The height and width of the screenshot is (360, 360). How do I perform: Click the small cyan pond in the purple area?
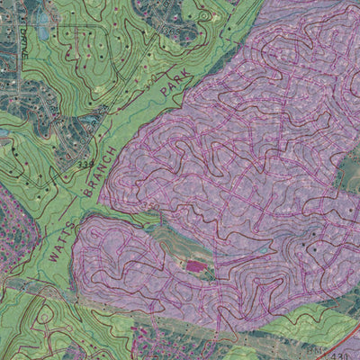262,247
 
